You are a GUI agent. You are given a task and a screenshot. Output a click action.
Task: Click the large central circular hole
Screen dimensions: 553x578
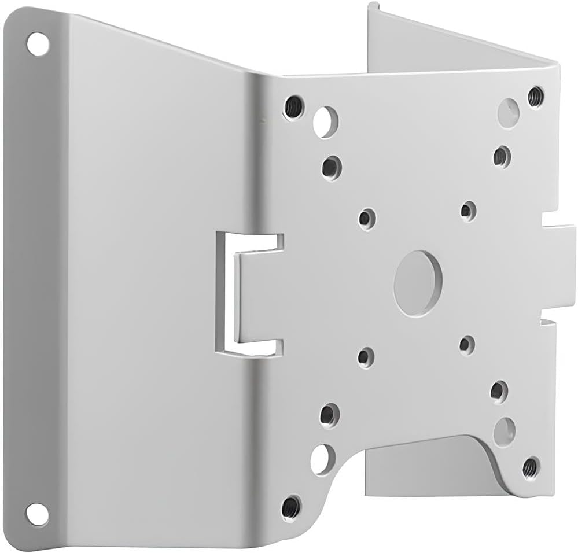(418, 283)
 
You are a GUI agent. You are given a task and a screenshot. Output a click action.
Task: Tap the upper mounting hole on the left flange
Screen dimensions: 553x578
(38, 44)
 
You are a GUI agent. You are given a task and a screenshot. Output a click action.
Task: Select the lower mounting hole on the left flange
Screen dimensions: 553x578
(36, 513)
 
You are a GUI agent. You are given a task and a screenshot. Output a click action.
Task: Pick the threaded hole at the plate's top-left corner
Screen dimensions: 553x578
(294, 107)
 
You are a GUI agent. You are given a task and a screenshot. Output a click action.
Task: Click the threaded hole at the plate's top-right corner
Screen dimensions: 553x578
(536, 96)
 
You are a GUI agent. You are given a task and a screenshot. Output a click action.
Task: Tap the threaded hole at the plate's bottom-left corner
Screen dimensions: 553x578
(291, 508)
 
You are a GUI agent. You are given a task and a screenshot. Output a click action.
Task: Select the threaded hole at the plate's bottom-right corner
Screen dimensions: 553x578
(531, 467)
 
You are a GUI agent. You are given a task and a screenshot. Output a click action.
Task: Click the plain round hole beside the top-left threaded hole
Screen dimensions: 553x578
(326, 121)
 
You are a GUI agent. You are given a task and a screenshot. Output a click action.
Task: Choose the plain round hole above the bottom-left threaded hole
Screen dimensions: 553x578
(322, 459)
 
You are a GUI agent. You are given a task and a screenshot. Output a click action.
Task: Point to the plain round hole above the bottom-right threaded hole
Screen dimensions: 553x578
(505, 431)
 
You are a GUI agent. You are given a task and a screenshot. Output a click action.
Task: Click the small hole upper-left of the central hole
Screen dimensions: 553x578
(366, 219)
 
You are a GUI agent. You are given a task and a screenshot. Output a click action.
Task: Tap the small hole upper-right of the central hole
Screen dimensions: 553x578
(468, 211)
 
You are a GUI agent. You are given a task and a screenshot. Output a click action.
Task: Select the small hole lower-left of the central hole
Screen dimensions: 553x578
(365, 356)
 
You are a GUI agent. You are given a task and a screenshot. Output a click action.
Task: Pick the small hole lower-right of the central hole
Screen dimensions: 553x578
(466, 345)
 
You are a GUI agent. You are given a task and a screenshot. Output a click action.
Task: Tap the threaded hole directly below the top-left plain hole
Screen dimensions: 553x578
(332, 168)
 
